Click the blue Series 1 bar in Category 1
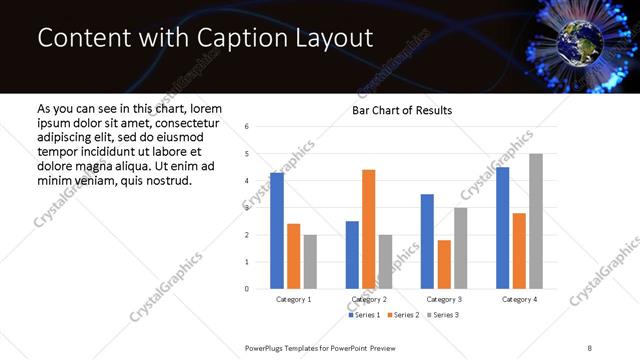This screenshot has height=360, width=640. [x=277, y=231]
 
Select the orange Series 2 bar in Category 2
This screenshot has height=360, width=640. [x=368, y=230]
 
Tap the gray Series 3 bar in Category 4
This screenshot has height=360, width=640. [x=536, y=221]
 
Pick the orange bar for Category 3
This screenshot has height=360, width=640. [x=444, y=265]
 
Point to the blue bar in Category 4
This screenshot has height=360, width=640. [x=502, y=228]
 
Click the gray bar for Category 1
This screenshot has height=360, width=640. [x=310, y=262]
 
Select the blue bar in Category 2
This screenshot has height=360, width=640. [x=352, y=255]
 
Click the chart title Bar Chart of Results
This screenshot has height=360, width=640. [x=402, y=110]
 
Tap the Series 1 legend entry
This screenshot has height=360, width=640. [x=363, y=315]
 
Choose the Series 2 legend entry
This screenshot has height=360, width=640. [x=402, y=315]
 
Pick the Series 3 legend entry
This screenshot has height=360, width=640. [x=442, y=315]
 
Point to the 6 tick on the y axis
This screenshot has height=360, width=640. [x=246, y=127]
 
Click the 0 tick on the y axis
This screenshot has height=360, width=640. [x=246, y=289]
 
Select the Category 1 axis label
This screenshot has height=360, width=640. [x=294, y=300]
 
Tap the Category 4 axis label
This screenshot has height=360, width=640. [x=519, y=300]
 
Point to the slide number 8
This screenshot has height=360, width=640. [x=590, y=347]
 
